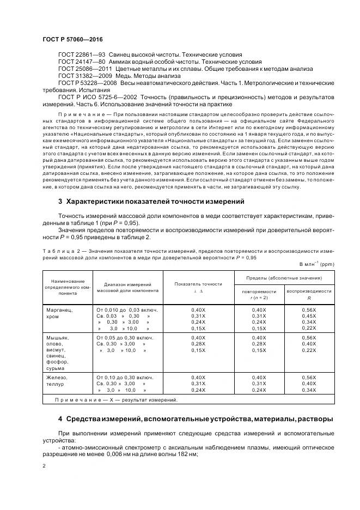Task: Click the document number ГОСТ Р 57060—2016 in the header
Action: point(72,40)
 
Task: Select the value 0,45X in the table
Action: point(309,316)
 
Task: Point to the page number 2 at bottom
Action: point(44,466)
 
